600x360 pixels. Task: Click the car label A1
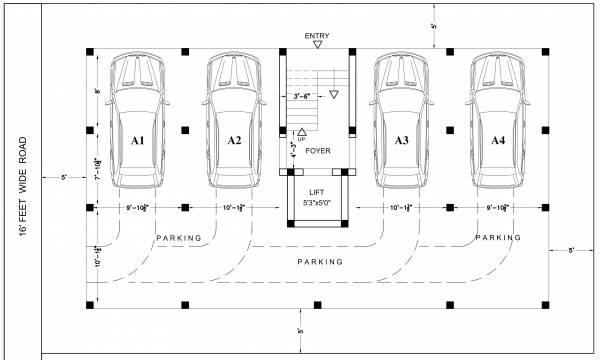(138, 141)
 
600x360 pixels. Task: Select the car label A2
(234, 141)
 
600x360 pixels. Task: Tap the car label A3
(401, 141)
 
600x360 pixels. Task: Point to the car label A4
(497, 141)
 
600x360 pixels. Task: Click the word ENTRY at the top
(317, 37)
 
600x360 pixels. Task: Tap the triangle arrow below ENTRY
(317, 47)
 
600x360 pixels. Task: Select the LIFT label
(317, 192)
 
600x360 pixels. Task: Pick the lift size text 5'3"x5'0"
(317, 203)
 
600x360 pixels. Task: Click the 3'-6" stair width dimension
(301, 96)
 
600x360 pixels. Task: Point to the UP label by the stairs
(302, 139)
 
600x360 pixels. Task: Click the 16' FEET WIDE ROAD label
(22, 186)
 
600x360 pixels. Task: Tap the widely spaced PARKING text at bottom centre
(320, 261)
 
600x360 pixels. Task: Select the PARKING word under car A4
(498, 238)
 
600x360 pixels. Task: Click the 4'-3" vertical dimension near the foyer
(294, 152)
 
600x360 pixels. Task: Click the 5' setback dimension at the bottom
(299, 330)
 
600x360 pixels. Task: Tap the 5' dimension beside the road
(63, 177)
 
